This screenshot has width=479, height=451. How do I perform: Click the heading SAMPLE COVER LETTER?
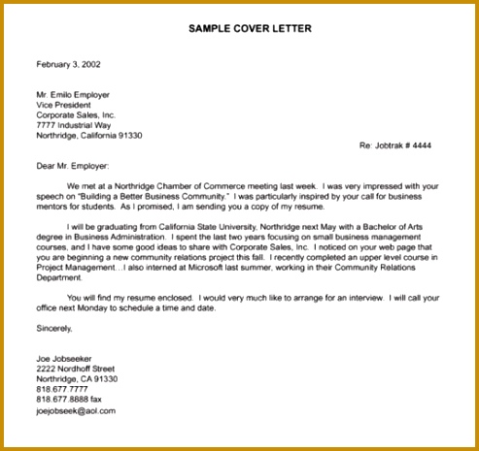(x=250, y=28)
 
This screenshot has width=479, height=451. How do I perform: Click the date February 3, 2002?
(x=68, y=64)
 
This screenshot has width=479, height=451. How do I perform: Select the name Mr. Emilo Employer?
(x=73, y=95)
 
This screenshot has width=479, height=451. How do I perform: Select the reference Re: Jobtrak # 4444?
(x=395, y=145)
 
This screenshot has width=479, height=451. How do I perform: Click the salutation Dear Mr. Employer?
(x=80, y=166)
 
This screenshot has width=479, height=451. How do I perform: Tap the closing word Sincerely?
(x=54, y=329)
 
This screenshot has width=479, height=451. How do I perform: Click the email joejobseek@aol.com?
(x=76, y=410)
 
